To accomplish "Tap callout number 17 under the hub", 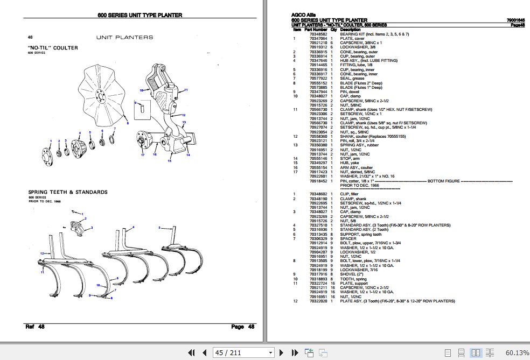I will coord(143,155).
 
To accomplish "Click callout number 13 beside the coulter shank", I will coord(184,123).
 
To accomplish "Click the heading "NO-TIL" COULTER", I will coord(53,48).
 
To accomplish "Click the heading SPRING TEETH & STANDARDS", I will coord(68,192).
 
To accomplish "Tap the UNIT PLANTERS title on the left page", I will coord(124,37).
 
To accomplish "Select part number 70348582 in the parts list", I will coord(318,34).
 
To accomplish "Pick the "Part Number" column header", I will coord(316,30).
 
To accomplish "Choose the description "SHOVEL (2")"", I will coord(352,274).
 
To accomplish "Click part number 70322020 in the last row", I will coord(318,301).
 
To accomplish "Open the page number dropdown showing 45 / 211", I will coord(271,353).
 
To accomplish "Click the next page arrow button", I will coord(282,353).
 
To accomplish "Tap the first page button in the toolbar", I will coord(191,353).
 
